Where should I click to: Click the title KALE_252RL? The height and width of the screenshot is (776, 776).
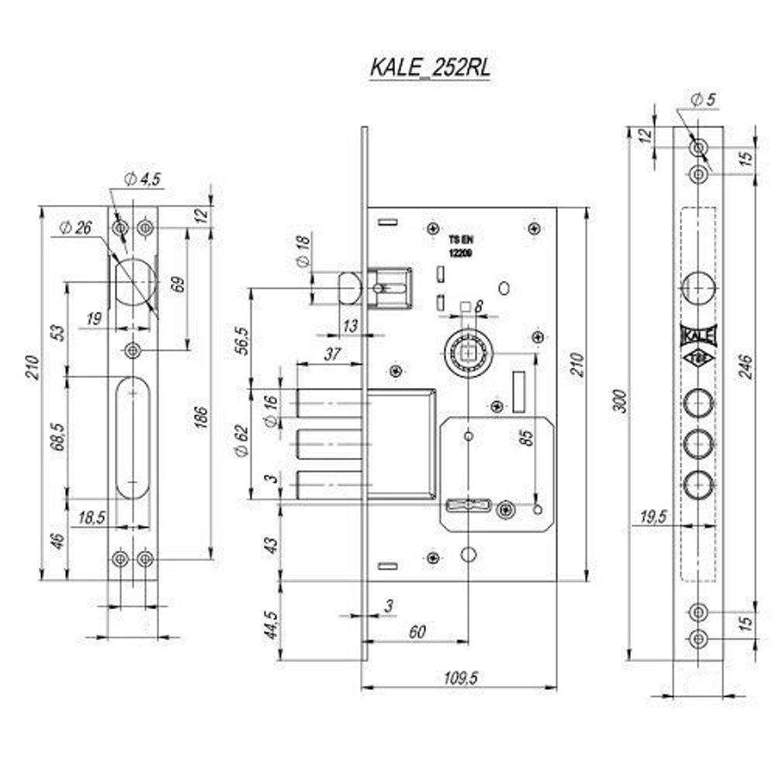coord(430,68)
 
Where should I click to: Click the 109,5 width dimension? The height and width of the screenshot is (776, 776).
coord(460,677)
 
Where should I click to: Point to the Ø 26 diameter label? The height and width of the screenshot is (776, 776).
coord(75,228)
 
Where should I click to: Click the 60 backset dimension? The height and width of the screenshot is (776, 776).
coord(417,632)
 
